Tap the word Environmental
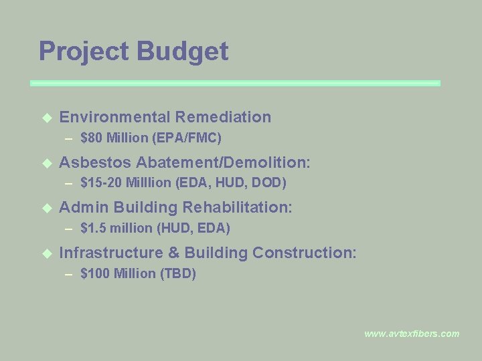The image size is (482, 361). [114, 117]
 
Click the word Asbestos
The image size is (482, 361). [95, 162]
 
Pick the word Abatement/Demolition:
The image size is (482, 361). [223, 162]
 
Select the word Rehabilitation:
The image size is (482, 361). [237, 207]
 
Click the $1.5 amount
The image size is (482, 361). [93, 228]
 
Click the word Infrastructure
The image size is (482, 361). [111, 253]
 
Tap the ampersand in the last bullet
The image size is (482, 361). [173, 253]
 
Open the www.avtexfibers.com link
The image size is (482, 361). [412, 334]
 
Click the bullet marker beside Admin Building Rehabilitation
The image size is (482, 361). [46, 208]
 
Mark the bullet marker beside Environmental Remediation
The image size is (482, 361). [46, 118]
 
